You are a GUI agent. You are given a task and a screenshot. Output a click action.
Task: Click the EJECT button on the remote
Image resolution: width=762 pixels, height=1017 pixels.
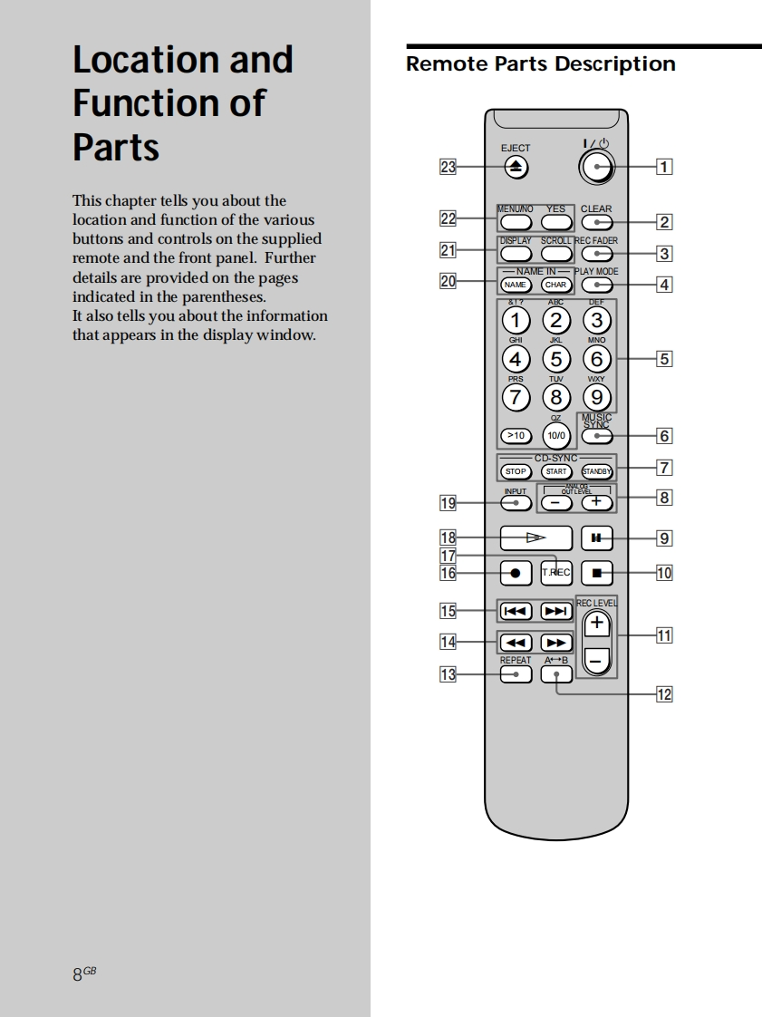(516, 167)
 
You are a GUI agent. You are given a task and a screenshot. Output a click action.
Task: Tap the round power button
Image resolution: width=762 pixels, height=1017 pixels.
(596, 166)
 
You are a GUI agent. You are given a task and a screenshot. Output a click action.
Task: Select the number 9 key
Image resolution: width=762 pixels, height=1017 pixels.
(596, 397)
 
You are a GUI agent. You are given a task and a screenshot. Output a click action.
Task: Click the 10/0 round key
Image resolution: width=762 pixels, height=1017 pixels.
(556, 435)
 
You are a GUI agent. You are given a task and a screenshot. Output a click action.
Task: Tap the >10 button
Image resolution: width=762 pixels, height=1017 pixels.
(516, 436)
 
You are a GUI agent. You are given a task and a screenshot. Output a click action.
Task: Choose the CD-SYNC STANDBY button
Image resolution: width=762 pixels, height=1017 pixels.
(596, 471)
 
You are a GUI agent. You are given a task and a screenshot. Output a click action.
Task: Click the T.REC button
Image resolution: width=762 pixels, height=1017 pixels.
(556, 572)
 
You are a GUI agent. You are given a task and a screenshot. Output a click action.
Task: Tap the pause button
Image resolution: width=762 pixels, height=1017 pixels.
(596, 538)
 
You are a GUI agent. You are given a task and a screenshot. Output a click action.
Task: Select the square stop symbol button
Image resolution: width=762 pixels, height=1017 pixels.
(596, 572)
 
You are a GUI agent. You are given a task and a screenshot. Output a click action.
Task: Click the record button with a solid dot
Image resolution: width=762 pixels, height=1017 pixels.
(516, 573)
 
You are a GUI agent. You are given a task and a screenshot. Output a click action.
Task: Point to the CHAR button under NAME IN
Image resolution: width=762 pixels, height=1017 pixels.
(555, 286)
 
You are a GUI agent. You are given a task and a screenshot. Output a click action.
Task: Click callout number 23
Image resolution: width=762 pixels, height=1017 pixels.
(449, 167)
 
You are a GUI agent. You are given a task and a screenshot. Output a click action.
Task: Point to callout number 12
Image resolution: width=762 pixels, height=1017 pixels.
(664, 694)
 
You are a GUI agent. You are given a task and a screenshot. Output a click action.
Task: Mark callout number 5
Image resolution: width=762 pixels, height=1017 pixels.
(664, 359)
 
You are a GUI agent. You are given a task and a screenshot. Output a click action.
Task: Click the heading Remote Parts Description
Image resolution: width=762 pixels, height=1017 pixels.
(541, 64)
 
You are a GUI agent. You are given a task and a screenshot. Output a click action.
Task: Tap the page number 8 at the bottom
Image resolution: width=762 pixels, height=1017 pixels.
(78, 974)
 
